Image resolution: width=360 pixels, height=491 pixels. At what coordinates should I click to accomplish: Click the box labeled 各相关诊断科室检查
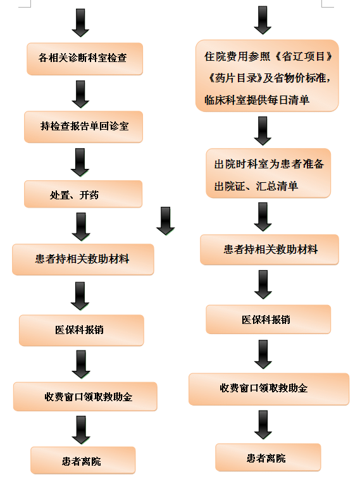pos(85,59)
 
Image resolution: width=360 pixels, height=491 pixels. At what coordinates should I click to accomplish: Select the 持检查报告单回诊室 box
pos(84,127)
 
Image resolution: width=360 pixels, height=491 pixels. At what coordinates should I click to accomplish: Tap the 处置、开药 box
pos(84,194)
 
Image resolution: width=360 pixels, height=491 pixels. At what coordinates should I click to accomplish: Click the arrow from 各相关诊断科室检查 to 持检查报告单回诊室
pos(80,94)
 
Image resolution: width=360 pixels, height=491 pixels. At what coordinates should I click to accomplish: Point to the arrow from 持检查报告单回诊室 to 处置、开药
pos(80,162)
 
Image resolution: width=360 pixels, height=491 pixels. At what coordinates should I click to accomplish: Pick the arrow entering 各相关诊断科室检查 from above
pos(80,23)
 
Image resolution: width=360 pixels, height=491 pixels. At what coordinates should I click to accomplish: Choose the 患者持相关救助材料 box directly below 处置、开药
pos(84,259)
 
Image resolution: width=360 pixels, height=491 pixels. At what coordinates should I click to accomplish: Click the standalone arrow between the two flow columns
pos(166,221)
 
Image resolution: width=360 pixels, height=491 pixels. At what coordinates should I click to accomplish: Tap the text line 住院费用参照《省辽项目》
pos(268,56)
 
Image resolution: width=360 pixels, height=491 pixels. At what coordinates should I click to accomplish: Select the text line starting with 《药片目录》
pos(269,78)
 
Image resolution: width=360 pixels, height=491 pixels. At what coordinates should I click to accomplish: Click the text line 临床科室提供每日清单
pos(257,100)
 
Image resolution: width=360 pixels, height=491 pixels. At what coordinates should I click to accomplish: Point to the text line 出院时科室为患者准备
pos(269,164)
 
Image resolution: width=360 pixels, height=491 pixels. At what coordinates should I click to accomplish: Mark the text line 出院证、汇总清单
pos(256,186)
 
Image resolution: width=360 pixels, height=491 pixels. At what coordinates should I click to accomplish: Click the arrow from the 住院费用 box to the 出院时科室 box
pos(263,131)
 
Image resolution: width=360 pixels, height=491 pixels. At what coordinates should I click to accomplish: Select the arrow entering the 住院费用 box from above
pos(263,20)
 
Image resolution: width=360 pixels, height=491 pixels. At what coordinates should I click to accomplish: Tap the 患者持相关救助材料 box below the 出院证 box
pos(270,249)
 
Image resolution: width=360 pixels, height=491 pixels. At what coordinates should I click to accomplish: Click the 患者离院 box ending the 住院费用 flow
pos(268,457)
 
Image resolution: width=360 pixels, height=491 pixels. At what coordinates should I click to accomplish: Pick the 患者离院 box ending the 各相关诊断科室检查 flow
pos(83,461)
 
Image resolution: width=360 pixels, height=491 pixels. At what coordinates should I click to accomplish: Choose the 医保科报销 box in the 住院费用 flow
pos(268,320)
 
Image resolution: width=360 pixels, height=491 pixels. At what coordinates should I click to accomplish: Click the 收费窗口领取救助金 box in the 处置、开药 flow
pos(85,397)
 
